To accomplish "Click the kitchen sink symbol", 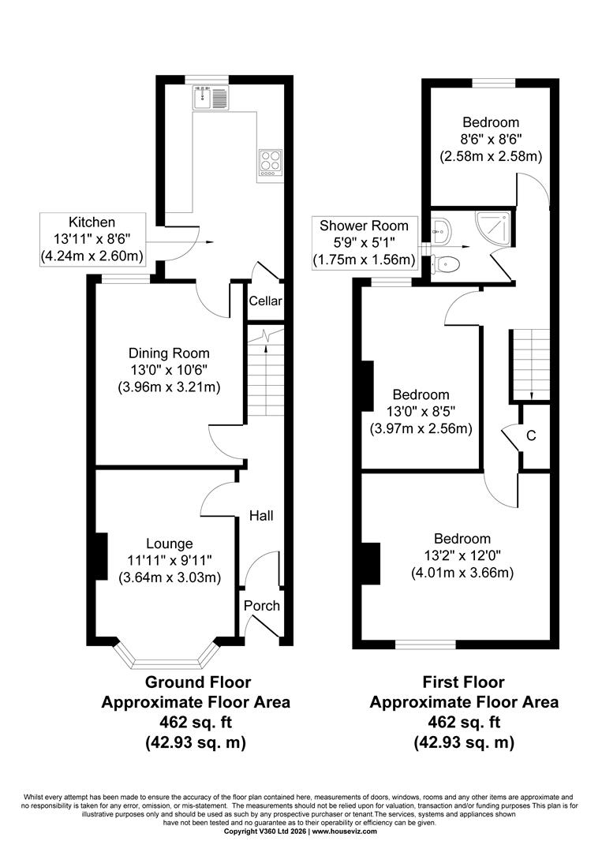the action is [211, 97].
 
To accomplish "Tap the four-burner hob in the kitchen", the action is [271, 163].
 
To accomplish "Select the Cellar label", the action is [266, 301].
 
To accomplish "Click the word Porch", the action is [262, 606].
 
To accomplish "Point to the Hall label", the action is [261, 516].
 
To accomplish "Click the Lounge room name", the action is [170, 544].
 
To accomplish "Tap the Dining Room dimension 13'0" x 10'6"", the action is [169, 370].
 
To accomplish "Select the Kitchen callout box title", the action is [92, 222].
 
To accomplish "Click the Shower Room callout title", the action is [364, 226].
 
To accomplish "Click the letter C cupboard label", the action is [531, 435].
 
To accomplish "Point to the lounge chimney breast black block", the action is [101, 556].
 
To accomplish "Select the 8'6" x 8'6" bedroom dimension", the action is [491, 139].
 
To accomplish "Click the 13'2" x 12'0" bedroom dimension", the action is [462, 555].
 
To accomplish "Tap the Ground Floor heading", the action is [198, 682].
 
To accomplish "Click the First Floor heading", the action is [464, 682].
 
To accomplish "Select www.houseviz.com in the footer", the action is [344, 846].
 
